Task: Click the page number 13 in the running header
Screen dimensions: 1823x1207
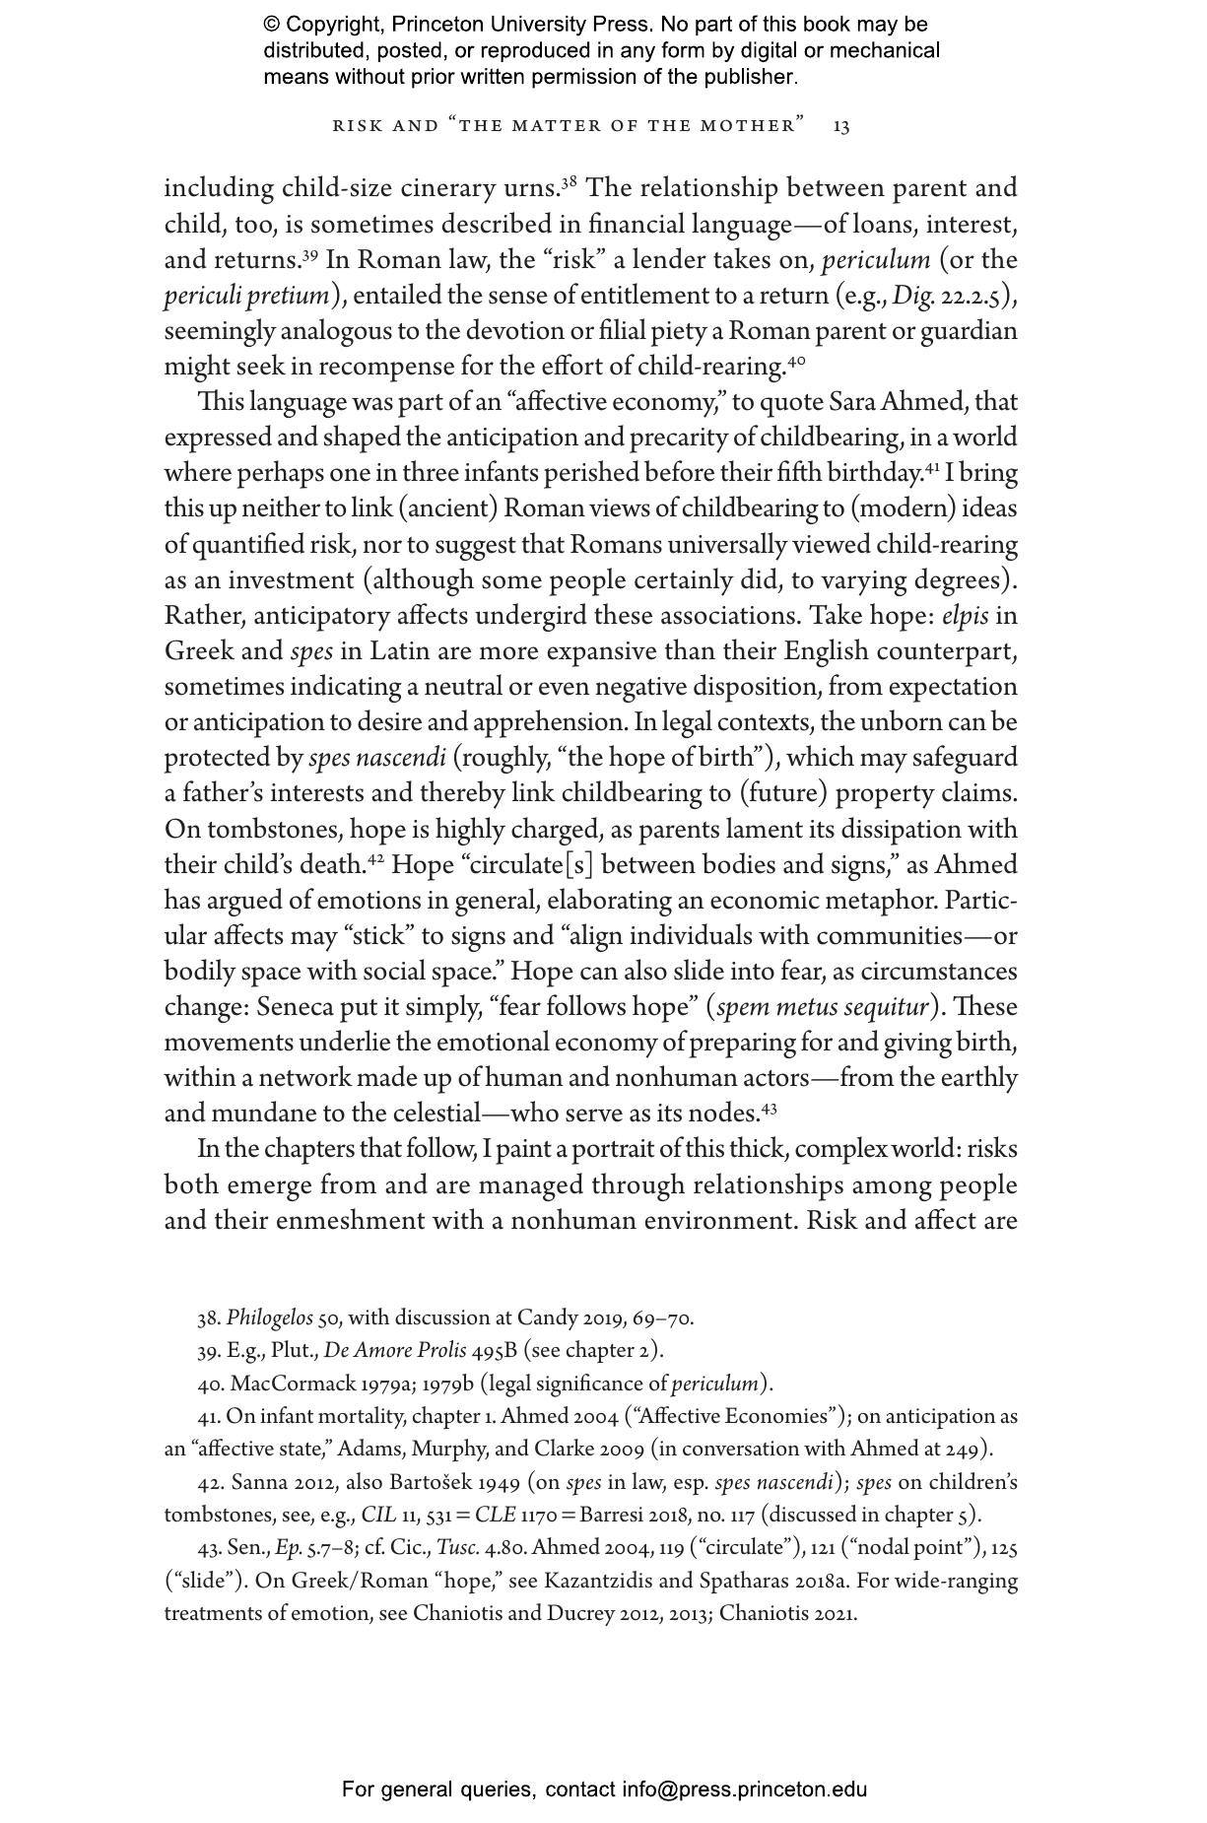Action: tap(841, 126)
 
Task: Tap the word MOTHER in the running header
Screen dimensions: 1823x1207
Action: tap(752, 126)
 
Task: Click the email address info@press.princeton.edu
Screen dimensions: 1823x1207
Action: tap(744, 1789)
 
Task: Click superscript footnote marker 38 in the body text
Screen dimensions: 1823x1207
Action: tap(569, 182)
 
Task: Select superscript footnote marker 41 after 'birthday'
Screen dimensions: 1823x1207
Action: tap(930, 468)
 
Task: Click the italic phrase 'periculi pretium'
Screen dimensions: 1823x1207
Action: tap(246, 296)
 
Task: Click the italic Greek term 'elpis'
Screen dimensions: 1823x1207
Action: tap(966, 616)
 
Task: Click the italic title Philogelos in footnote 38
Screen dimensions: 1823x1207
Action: tap(270, 1318)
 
